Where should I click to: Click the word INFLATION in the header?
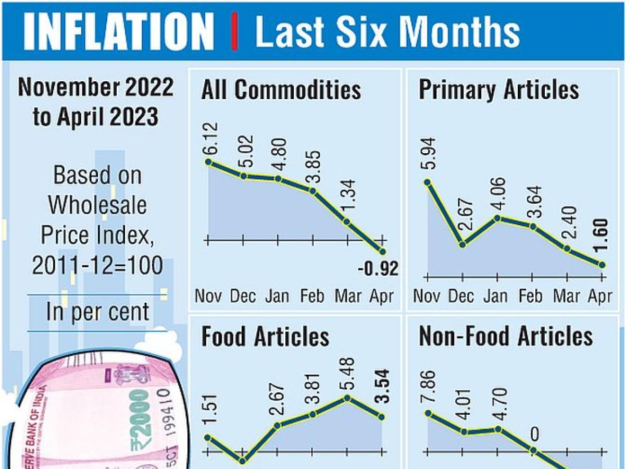119,31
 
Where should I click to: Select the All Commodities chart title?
281,90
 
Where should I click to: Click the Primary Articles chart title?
498,90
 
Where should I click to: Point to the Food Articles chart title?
265,337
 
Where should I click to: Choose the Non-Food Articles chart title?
506,337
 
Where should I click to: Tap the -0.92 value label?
378,269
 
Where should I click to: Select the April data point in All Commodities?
383,252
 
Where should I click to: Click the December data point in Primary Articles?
463,244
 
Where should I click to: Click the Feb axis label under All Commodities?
313,297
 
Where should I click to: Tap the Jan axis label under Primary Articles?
495,297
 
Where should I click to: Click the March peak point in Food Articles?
347,398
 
